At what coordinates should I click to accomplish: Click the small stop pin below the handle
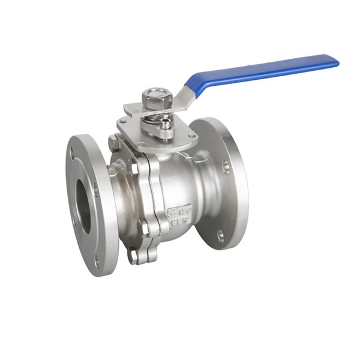pyautogui.click(x=163, y=128)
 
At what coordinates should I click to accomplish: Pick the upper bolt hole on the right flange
pyautogui.click(x=226, y=165)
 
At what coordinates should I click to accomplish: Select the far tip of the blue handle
pyautogui.click(x=335, y=62)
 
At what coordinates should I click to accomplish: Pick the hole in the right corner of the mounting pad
pyautogui.click(x=193, y=137)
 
